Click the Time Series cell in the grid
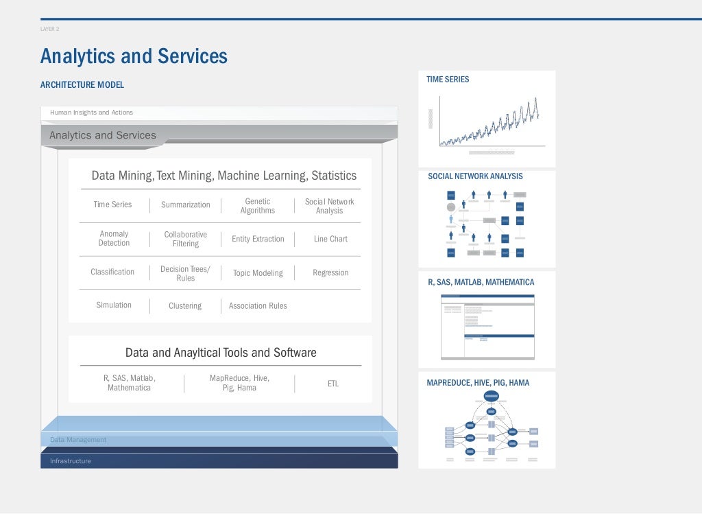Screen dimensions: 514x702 click(x=112, y=205)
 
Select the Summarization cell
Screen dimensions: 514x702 click(x=185, y=205)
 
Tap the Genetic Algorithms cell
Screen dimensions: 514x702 click(x=258, y=206)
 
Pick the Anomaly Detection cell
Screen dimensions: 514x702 click(x=114, y=239)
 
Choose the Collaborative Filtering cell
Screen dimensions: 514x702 click(x=185, y=240)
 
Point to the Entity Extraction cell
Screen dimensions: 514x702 click(x=258, y=240)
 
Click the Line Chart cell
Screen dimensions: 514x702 click(x=330, y=240)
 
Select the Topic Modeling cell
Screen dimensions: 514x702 click(x=258, y=273)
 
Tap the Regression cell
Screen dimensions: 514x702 click(x=330, y=273)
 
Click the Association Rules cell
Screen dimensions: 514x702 click(x=258, y=306)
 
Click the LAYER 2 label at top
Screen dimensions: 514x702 click(x=49, y=29)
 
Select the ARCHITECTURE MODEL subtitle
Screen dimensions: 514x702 click(x=82, y=85)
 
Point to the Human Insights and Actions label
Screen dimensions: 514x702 click(x=91, y=113)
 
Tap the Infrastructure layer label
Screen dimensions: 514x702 click(x=70, y=461)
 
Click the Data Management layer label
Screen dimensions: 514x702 click(x=78, y=440)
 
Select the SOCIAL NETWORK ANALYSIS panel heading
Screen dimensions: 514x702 click(x=475, y=176)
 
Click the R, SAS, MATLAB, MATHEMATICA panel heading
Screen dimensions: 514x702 click(x=481, y=282)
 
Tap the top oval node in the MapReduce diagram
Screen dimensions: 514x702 click(x=492, y=396)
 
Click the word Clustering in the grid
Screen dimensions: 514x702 click(x=185, y=306)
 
